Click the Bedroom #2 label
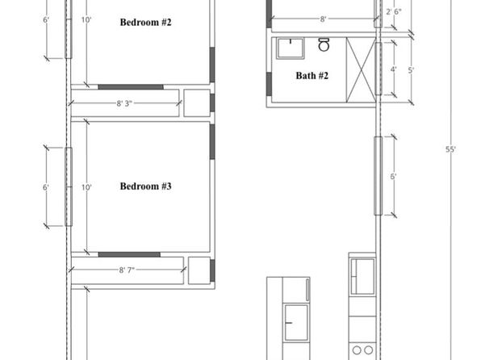pos(145,23)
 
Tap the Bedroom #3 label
pos(145,186)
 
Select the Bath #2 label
pos(312,76)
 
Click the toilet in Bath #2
pos(324,44)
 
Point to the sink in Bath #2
pos(291,48)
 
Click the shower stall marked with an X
pos(361,70)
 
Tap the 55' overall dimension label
pos(450,149)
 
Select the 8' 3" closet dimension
pos(124,103)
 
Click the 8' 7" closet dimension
pos(127,270)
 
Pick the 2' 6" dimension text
pos(394,12)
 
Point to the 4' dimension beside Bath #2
pos(393,69)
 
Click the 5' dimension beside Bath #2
pos(411,70)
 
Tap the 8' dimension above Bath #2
pos(323,19)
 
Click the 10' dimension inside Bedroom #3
pos(86,187)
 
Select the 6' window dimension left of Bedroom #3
pos(45,187)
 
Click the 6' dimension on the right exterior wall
pos(393,177)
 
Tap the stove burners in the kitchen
pos(362,350)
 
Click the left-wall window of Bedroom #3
pos(69,187)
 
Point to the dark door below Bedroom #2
pos(131,87)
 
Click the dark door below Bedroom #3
pos(129,255)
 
